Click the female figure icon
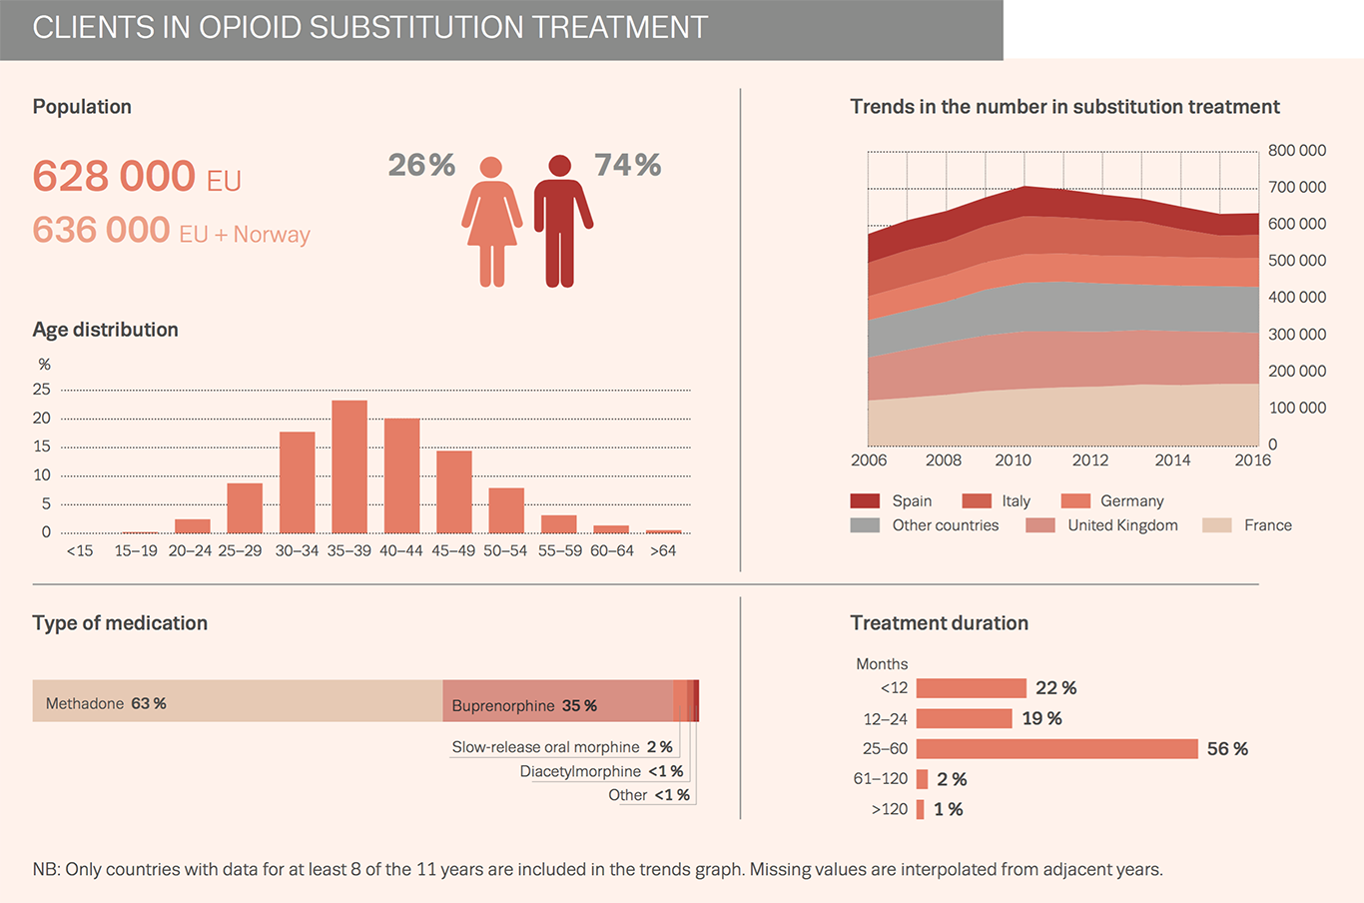click(x=491, y=221)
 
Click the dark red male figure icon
click(x=561, y=221)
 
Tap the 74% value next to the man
click(x=627, y=165)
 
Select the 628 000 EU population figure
click(x=137, y=177)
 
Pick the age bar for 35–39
click(x=349, y=466)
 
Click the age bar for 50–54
click(x=506, y=510)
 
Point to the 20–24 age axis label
click(x=189, y=550)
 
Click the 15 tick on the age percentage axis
click(x=42, y=447)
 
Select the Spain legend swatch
click(x=865, y=501)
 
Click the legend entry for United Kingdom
click(x=1122, y=525)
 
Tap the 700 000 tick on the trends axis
click(x=1296, y=188)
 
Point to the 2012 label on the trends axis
click(x=1090, y=460)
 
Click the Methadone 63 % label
click(x=106, y=704)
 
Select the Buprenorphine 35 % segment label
click(x=524, y=706)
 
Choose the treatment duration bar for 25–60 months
click(x=1056, y=749)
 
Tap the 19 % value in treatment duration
click(x=1041, y=719)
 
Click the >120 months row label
click(x=889, y=810)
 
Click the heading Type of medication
click(x=120, y=623)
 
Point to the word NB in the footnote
click(x=45, y=870)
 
